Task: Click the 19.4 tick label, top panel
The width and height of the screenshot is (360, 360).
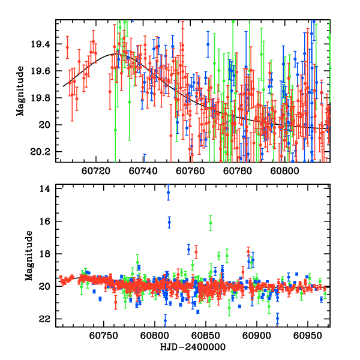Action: [x=43, y=44]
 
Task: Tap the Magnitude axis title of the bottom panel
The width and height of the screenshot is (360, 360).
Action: [x=29, y=255]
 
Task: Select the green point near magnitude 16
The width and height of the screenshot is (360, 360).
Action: [x=211, y=223]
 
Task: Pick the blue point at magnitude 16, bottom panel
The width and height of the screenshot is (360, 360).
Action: [x=169, y=222]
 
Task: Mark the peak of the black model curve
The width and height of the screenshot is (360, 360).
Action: [x=116, y=53]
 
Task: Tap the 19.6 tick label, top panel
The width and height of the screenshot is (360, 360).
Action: [x=43, y=71]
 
